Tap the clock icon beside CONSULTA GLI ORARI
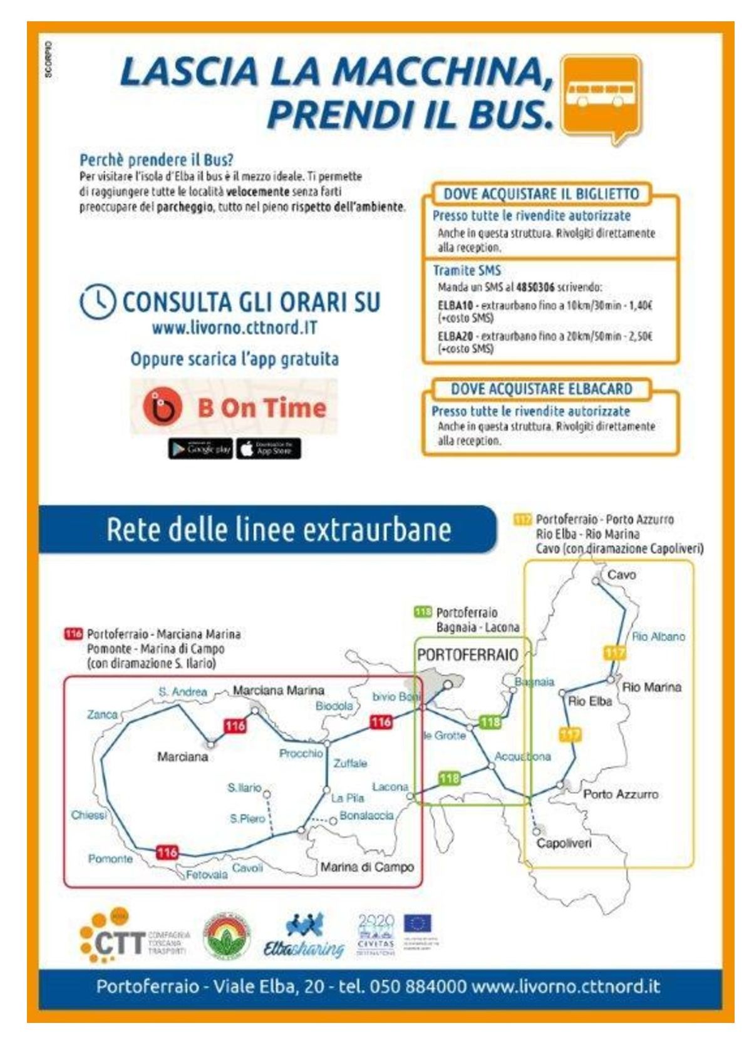click(x=98, y=302)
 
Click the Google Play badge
click(x=200, y=448)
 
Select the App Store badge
click(x=269, y=448)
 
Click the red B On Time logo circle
click(x=162, y=407)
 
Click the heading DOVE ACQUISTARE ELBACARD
click(x=541, y=389)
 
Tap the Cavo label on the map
click(x=621, y=575)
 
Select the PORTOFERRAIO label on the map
click(x=467, y=655)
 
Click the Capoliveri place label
click(x=564, y=843)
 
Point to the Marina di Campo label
click(x=367, y=867)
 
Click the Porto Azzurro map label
click(x=621, y=794)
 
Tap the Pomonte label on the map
click(x=110, y=858)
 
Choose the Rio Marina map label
click(x=651, y=687)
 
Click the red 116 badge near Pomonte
click(x=167, y=852)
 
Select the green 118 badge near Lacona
click(x=449, y=778)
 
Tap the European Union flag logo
click(x=417, y=923)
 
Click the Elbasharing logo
click(x=304, y=937)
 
